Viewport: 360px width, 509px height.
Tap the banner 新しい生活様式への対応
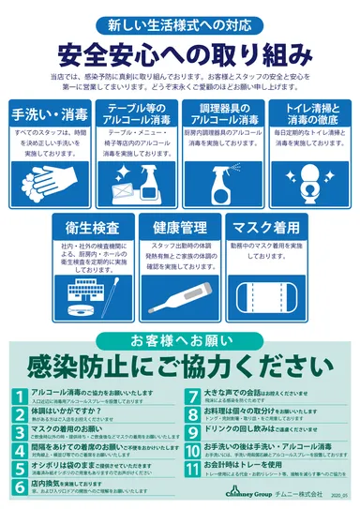pyautogui.click(x=179, y=22)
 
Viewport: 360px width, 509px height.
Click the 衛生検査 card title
pyautogui.click(x=92, y=227)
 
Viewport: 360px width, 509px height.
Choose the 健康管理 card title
pyautogui.click(x=180, y=227)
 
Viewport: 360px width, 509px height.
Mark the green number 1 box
pyautogui.click(x=20, y=394)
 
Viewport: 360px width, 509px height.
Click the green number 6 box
pyautogui.click(x=20, y=485)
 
